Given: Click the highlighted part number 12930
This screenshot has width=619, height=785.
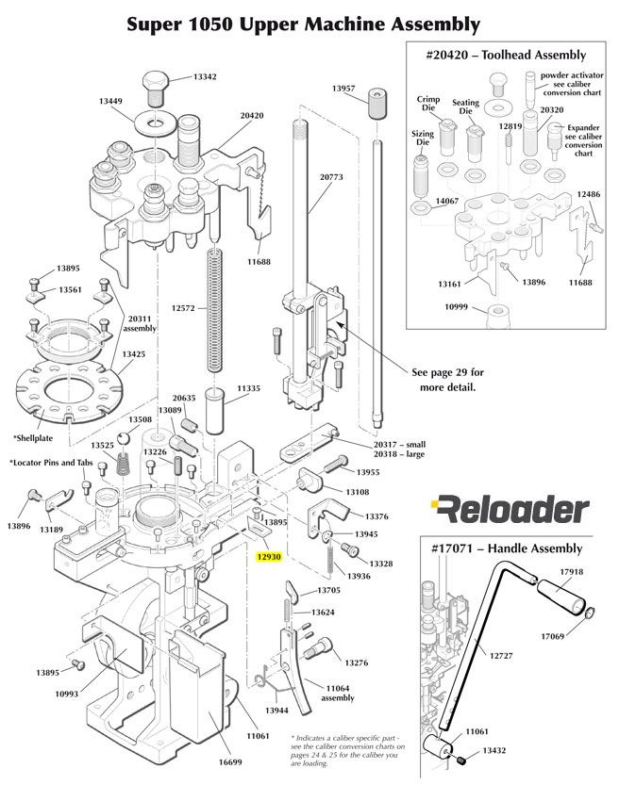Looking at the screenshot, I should tap(270, 557).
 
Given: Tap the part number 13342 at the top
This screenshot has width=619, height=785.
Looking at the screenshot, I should tap(205, 77).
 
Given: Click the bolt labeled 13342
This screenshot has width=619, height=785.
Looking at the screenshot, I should tap(156, 87).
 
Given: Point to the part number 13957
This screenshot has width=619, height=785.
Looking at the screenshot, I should tap(343, 88).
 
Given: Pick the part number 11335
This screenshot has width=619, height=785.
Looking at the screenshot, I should tap(249, 388).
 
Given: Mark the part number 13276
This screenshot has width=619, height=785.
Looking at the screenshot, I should tap(357, 663).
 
